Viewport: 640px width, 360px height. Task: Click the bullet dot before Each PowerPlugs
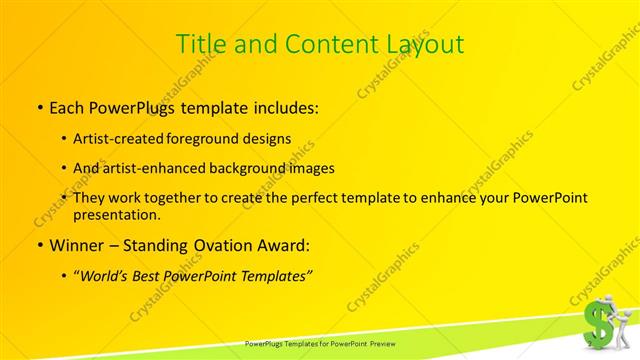point(39,106)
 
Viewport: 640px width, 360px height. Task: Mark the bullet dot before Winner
point(39,245)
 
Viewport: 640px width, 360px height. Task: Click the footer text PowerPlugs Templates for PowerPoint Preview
point(320,343)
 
